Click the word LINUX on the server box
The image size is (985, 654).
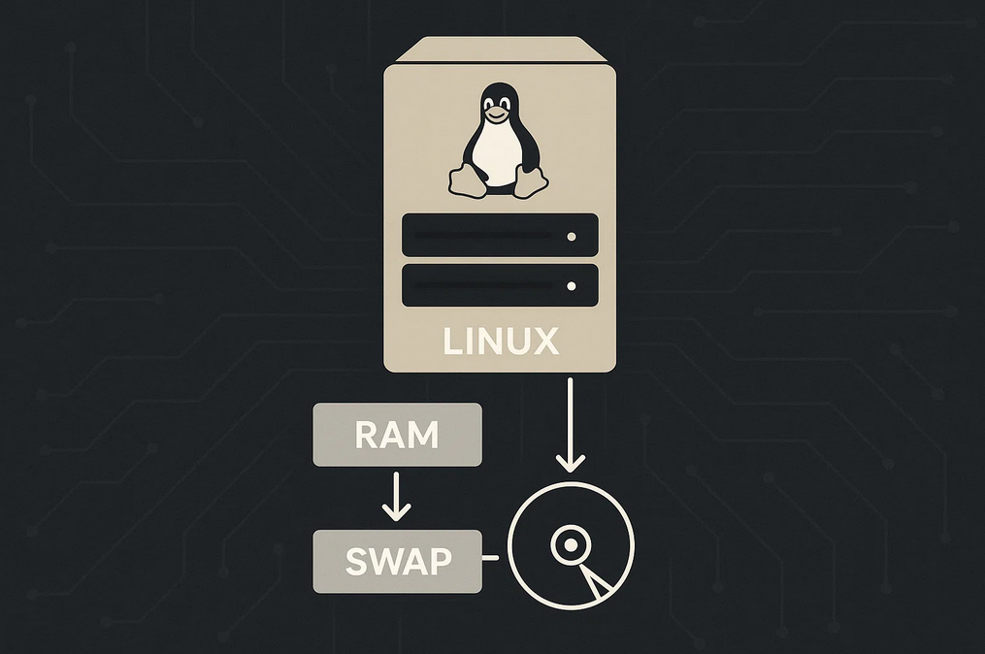tap(501, 342)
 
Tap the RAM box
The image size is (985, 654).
tap(398, 435)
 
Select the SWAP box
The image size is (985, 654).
tap(398, 561)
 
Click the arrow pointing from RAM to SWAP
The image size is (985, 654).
tap(396, 496)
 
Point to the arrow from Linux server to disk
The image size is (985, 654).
tap(571, 425)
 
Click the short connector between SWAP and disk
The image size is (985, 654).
tap(490, 557)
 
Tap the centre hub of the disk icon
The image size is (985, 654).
tap(571, 544)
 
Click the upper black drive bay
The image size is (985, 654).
tap(500, 235)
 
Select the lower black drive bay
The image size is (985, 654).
tap(500, 285)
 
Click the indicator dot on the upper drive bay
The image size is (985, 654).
tap(571, 237)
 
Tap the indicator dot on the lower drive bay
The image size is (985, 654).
tap(571, 286)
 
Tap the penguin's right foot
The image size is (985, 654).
tap(530, 182)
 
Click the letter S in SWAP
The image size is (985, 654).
tap(356, 562)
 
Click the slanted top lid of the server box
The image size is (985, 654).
tap(500, 49)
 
